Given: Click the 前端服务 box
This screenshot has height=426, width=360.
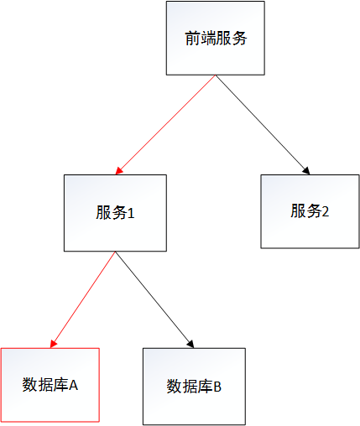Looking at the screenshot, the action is (216, 38).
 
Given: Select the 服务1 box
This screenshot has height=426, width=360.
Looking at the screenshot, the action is (115, 213).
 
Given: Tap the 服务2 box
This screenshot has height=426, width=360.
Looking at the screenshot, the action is (310, 211).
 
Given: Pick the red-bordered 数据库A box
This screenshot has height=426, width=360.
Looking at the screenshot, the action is (50, 385).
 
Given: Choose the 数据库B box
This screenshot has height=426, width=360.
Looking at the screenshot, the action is (194, 387).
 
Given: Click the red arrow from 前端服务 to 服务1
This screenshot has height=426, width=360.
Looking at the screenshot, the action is (165, 125).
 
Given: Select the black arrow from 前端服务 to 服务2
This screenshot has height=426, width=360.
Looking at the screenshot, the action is (263, 125).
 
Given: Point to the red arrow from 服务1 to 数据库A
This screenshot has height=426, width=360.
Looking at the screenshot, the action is (83, 299).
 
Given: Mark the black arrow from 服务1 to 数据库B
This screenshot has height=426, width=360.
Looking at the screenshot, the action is (154, 299).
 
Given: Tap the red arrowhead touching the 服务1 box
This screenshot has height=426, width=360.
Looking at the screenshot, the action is (118, 171).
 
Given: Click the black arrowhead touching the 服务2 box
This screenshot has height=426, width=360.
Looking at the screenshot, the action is (306, 171).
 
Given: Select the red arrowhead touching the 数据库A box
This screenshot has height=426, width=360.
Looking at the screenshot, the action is (53, 344).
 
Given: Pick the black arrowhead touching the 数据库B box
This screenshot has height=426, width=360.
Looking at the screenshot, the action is (191, 345).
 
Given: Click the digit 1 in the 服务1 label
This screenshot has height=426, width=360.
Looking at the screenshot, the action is (131, 214).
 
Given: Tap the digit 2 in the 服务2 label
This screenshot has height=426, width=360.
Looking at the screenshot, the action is (326, 212).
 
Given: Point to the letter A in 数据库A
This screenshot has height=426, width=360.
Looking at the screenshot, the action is (73, 386).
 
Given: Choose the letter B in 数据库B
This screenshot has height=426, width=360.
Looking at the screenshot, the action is (217, 387).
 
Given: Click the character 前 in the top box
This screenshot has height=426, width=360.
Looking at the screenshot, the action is (193, 39).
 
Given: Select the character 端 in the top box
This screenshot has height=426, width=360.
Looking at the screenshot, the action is (208, 39).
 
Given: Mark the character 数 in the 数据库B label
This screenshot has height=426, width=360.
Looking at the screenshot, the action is (175, 387).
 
